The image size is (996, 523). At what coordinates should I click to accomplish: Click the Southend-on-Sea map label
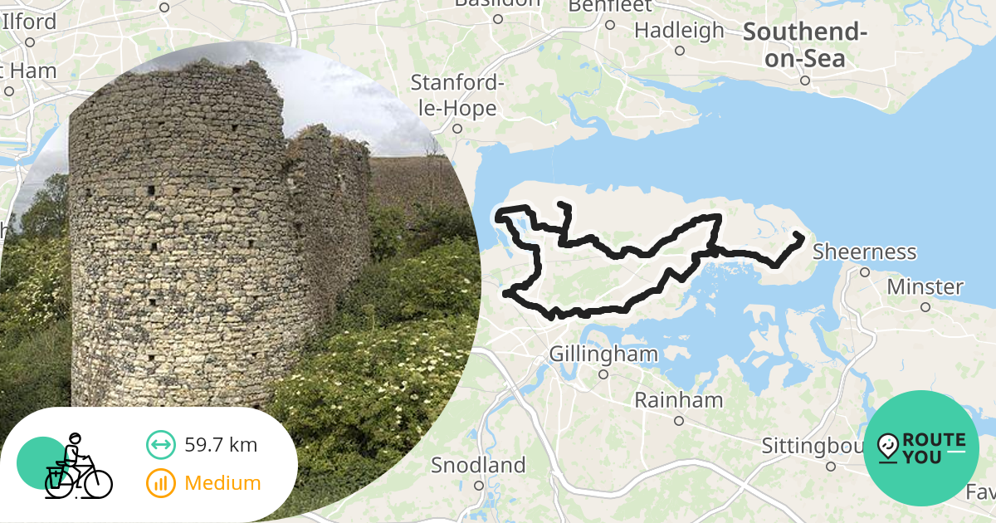(804, 45)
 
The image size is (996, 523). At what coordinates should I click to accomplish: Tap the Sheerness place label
(865, 252)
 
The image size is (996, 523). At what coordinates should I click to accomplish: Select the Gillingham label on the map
(603, 354)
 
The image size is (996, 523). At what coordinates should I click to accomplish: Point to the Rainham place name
(678, 400)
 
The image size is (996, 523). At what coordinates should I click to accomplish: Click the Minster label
(925, 287)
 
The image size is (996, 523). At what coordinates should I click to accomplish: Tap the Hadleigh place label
(679, 31)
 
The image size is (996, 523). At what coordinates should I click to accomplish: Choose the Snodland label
(478, 465)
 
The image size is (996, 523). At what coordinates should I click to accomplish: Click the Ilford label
(30, 22)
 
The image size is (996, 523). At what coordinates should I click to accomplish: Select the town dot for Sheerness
(864, 271)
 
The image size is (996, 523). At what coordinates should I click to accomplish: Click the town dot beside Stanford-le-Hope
(456, 129)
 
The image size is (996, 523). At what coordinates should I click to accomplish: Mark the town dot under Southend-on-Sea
(804, 81)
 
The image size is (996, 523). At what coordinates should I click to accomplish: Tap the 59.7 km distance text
(221, 445)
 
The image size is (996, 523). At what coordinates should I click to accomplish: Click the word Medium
(222, 482)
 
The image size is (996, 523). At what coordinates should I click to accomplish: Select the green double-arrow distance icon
(160, 445)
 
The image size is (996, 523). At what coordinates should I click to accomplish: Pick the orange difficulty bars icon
(160, 482)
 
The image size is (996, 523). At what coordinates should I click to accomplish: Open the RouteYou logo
(921, 447)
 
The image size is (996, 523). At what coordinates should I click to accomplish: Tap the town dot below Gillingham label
(603, 374)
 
